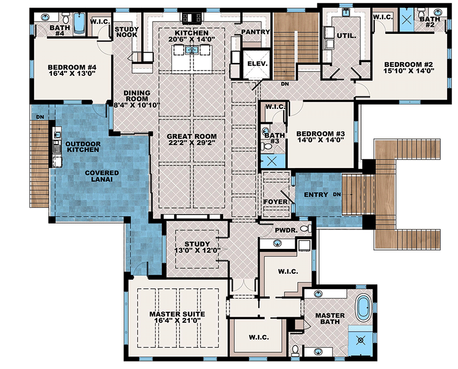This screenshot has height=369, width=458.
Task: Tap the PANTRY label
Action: click(251, 32)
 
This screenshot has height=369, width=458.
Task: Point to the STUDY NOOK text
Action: click(127, 32)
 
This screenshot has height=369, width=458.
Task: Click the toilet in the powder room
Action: click(305, 229)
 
